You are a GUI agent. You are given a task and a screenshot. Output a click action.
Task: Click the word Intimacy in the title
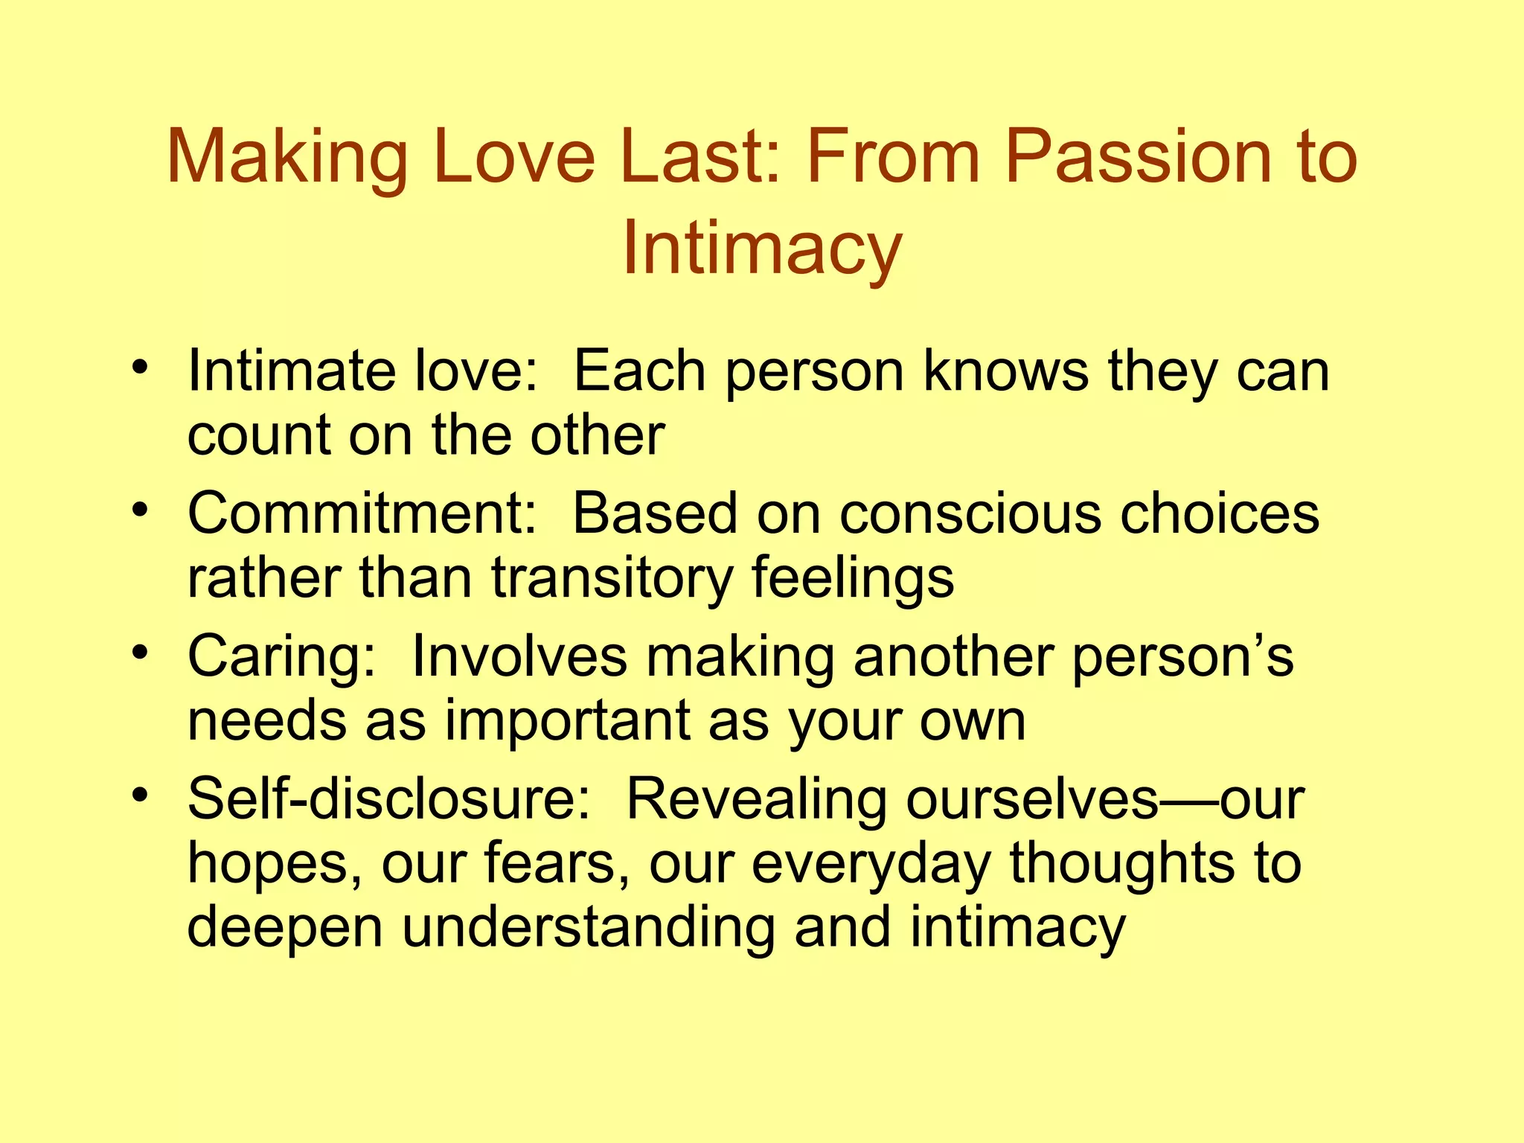click(x=762, y=249)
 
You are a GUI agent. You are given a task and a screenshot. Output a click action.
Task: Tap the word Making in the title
click(x=287, y=157)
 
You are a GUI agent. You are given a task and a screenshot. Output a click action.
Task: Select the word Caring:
click(x=282, y=657)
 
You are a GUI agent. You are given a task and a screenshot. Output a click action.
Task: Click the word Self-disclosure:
click(x=389, y=800)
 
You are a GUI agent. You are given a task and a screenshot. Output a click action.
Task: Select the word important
click(x=568, y=721)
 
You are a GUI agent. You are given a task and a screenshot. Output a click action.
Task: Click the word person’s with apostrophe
click(x=1183, y=657)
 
